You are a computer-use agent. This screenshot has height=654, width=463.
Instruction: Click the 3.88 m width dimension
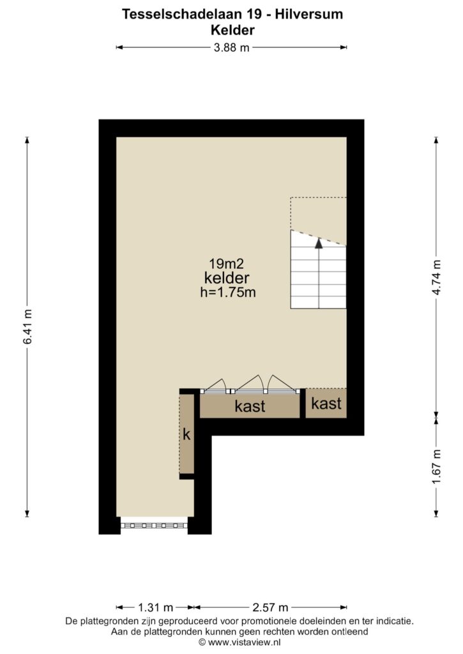231,47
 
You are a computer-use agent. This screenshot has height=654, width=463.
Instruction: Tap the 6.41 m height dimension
27,326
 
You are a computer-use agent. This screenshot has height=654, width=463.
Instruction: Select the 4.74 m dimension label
436,277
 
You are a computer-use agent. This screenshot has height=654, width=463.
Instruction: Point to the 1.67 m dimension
436,467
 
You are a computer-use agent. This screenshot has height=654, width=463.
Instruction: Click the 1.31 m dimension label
155,607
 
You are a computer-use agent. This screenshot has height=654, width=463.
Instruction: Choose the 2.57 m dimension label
270,607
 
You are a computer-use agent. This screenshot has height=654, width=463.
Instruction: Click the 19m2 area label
227,264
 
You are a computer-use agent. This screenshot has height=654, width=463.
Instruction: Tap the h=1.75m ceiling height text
228,292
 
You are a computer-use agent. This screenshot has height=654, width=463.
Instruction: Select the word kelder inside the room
227,278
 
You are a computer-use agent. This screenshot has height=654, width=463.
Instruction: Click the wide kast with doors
250,406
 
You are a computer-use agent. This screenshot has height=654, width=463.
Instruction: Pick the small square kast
326,404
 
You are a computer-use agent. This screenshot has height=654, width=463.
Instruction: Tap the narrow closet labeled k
187,434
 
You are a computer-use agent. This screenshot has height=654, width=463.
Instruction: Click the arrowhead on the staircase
319,243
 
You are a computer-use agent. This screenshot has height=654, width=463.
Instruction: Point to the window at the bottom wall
155,526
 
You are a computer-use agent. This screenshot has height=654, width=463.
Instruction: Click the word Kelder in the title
232,30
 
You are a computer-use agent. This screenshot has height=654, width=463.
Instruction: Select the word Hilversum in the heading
308,14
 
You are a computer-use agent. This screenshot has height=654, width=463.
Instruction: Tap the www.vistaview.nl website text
245,643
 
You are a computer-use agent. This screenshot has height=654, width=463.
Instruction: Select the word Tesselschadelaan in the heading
182,14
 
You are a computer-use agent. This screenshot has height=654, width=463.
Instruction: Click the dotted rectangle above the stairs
319,221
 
